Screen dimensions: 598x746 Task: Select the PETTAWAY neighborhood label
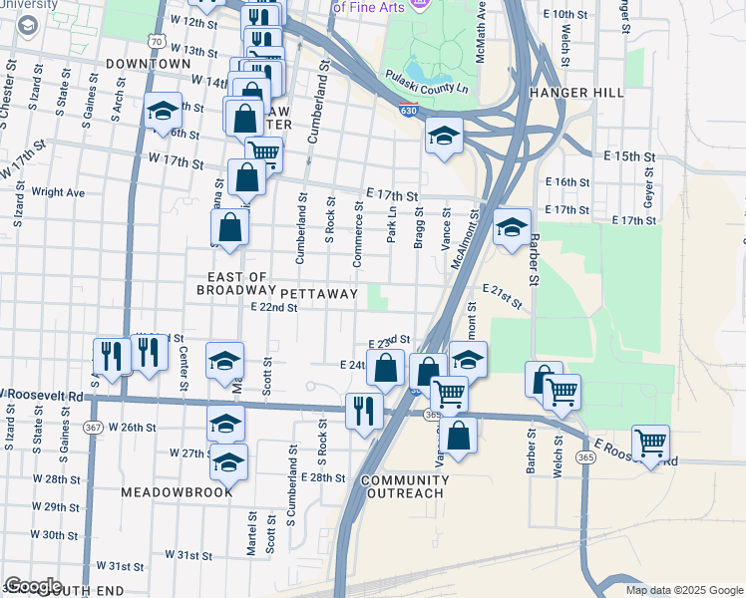tap(318, 294)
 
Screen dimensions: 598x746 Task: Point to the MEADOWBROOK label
tap(177, 492)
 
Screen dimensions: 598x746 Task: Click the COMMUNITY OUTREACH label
tap(405, 486)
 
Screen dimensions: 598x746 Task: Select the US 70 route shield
tap(154, 41)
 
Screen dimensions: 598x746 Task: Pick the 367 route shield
tap(93, 427)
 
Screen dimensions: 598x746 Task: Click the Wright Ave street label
tap(58, 192)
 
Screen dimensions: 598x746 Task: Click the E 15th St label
tap(629, 157)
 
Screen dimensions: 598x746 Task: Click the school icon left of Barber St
tap(512, 227)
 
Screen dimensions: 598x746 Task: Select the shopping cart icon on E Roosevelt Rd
tap(650, 442)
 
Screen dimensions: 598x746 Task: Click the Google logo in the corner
tap(34, 586)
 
